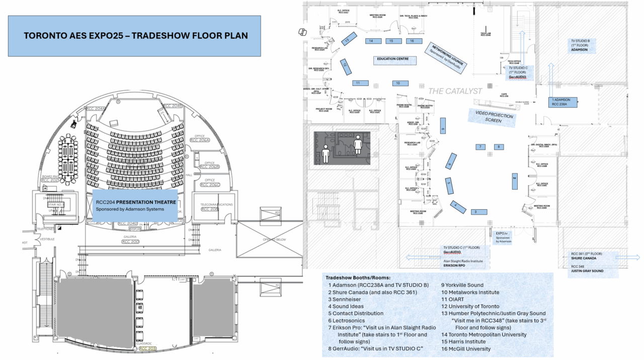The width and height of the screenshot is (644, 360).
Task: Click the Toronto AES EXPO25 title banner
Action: coord(134,36)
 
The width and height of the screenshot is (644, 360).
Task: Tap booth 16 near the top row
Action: coord(412,41)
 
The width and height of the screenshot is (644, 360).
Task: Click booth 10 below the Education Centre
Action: coord(397,83)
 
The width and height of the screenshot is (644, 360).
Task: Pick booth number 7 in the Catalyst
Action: coord(481,147)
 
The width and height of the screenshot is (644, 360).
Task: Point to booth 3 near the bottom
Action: coord(474,212)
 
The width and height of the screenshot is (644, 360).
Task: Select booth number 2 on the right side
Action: coord(515,181)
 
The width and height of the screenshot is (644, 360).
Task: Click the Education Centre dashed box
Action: coord(395,59)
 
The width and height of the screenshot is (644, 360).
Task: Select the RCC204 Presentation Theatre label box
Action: coord(135,205)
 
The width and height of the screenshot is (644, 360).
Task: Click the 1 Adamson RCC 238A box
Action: coord(563,103)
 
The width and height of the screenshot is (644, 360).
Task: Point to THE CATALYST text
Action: coord(455,91)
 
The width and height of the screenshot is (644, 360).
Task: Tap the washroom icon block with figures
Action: coord(342,148)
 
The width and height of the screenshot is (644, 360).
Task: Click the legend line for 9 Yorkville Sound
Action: coord(462,285)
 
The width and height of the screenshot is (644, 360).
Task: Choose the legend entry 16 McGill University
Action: coord(466,348)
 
